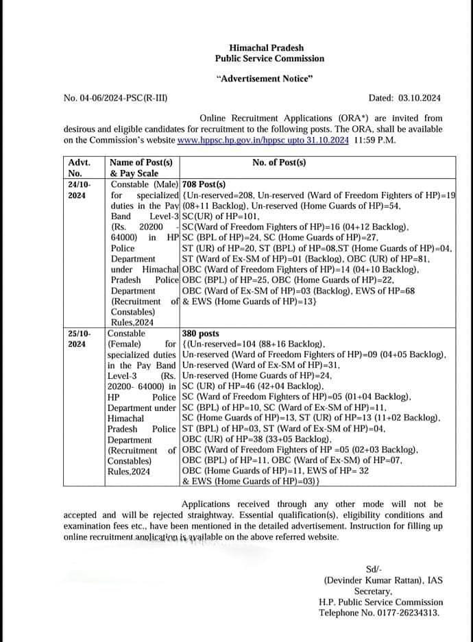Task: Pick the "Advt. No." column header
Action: pos(80,168)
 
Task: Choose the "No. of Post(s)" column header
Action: pos(279,163)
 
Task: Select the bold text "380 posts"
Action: pos(201,334)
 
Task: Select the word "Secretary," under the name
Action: pos(373,591)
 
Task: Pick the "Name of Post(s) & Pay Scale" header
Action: pos(141,168)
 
